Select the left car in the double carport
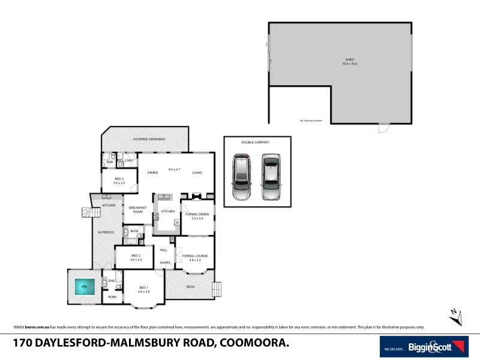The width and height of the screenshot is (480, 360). coord(242,178)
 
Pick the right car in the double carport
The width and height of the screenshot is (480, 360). coord(271,178)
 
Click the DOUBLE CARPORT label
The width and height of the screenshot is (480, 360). coord(255,142)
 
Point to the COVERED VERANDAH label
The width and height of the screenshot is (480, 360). coord(145,139)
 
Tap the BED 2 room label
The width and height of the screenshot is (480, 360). coord(136,257)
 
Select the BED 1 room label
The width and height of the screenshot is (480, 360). coord(143,289)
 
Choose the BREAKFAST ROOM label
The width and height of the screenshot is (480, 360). coord(138,209)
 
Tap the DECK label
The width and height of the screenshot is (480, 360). coord(191,287)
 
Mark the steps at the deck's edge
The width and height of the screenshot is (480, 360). coord(217,289)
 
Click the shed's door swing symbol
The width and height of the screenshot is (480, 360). coord(383,128)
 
